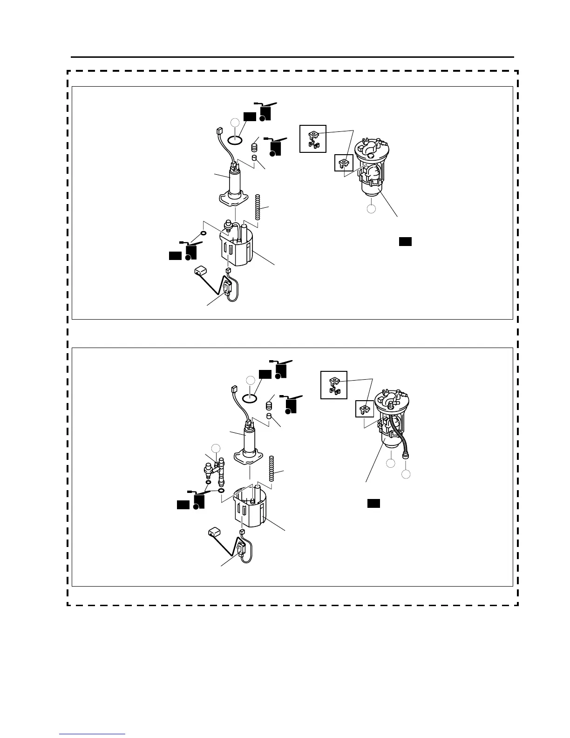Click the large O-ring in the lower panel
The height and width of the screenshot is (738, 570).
(251, 398)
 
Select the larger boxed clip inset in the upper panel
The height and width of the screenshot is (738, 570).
(313, 139)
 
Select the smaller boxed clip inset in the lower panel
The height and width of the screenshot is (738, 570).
(365, 409)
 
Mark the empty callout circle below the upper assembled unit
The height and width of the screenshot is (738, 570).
(371, 209)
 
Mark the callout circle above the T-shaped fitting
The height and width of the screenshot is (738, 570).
(216, 448)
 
